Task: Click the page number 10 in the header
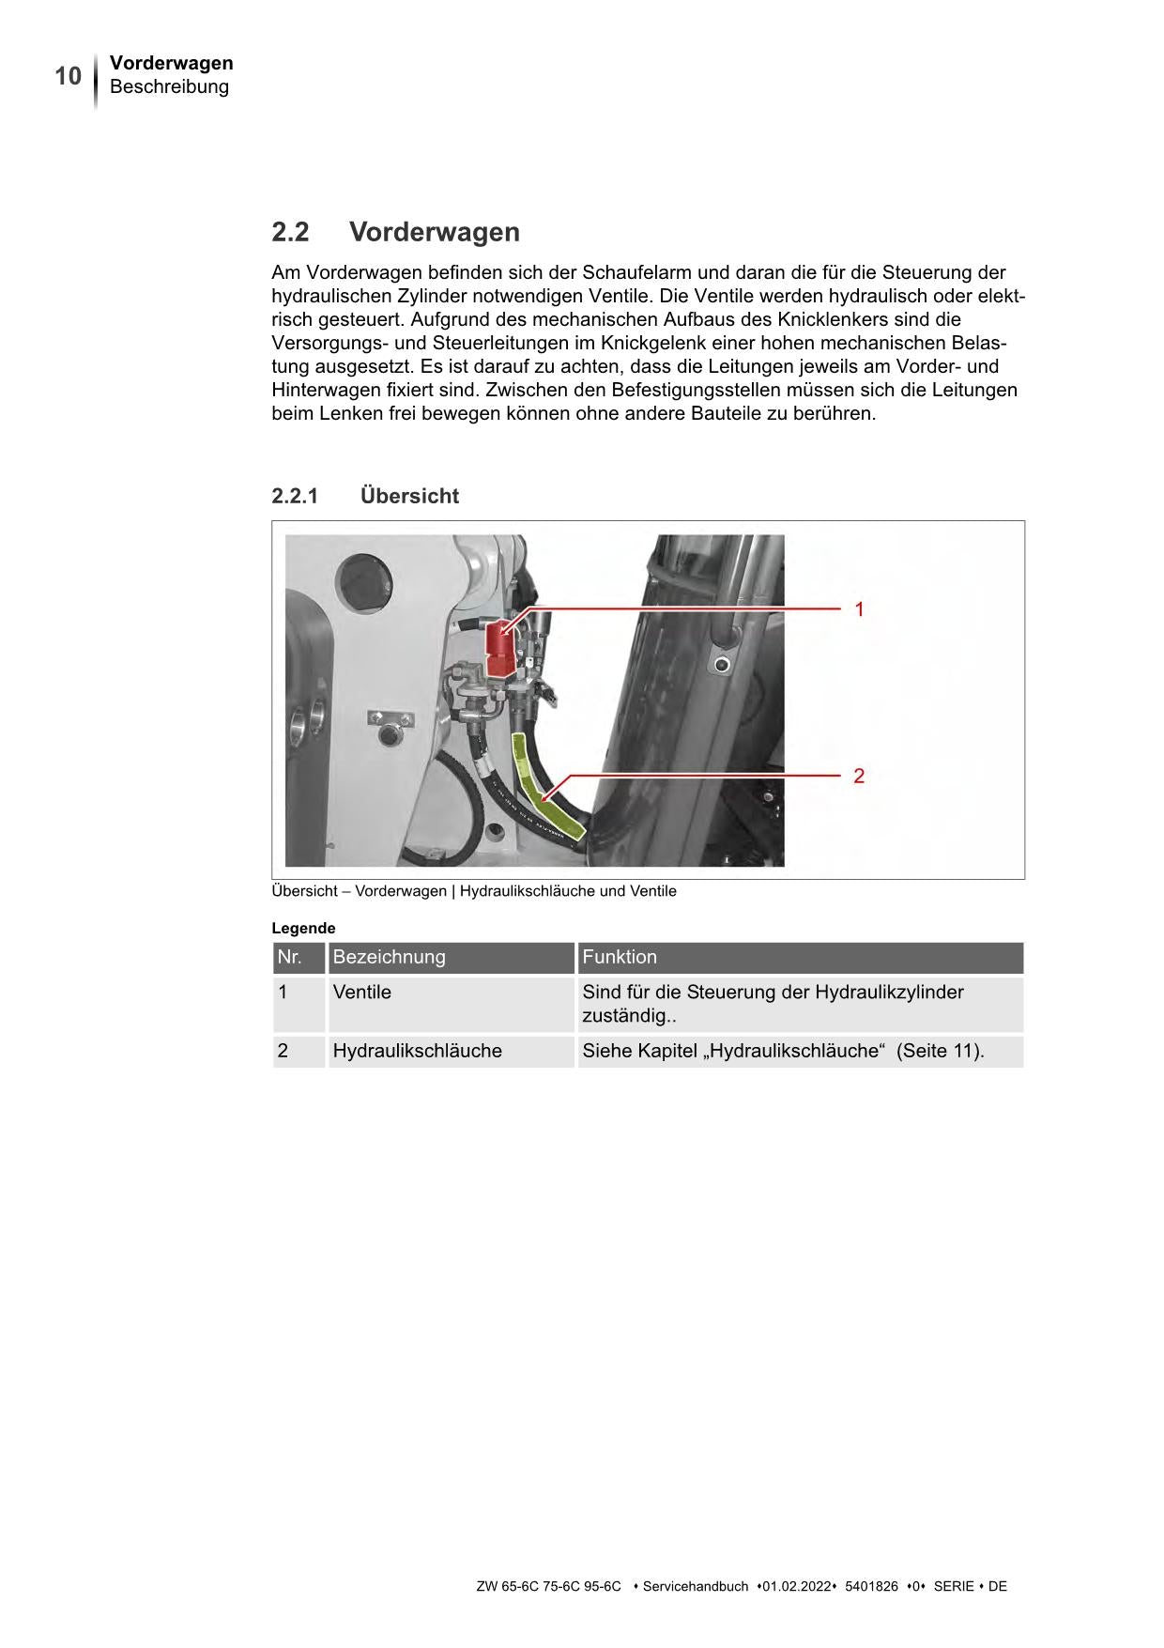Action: (68, 76)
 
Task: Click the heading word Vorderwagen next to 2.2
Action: (434, 232)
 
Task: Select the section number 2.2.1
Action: (295, 496)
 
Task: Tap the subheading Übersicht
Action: (409, 496)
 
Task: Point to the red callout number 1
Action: (859, 609)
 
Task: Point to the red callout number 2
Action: (859, 777)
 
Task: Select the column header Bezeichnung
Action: (389, 957)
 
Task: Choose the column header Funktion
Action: (620, 957)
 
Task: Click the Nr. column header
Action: (289, 957)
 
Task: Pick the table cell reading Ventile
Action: (362, 993)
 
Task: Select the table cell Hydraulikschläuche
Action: (417, 1051)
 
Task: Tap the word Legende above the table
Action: (303, 928)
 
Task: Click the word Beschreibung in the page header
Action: (169, 87)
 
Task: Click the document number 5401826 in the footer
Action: (871, 1586)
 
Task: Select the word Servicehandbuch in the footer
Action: (695, 1586)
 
